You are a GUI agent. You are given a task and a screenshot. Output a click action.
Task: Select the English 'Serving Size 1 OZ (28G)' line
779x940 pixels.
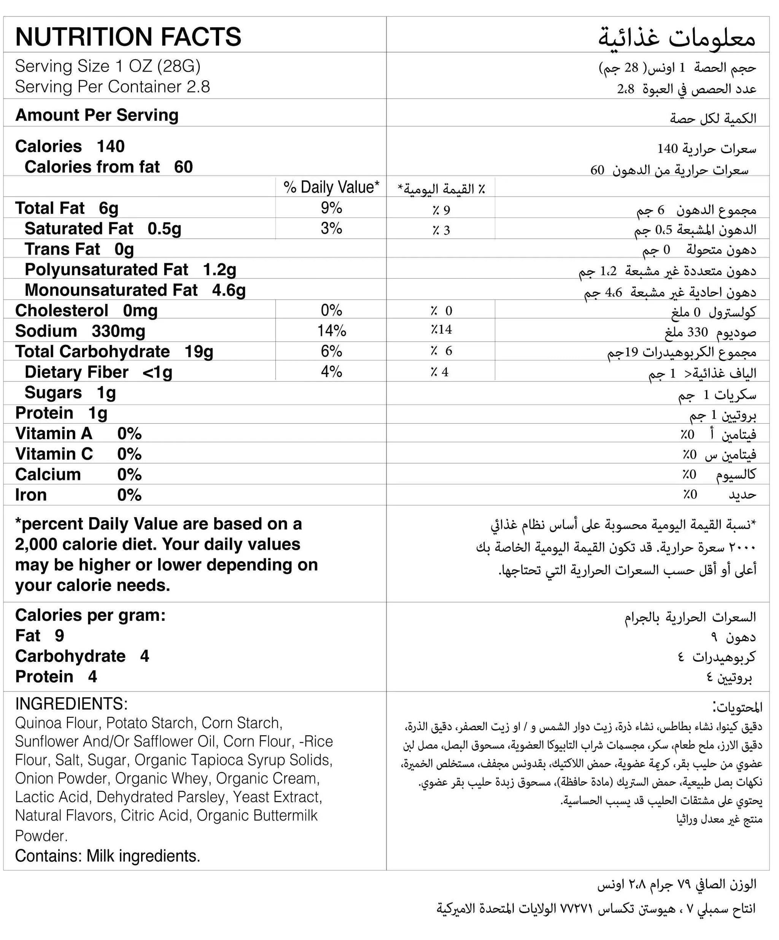[x=107, y=66]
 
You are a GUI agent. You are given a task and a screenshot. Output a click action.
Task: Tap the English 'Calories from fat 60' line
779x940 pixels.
[x=108, y=167]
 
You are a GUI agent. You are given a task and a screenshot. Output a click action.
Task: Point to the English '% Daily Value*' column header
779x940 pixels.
[x=331, y=187]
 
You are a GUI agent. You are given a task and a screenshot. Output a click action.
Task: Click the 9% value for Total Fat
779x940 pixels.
[x=331, y=208]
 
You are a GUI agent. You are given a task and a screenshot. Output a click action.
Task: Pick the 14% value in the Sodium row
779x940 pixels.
[x=331, y=331]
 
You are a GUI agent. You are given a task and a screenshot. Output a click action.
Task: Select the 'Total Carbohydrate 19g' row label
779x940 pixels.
[x=114, y=352]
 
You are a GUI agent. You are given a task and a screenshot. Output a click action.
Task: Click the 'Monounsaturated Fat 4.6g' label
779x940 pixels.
[x=135, y=290]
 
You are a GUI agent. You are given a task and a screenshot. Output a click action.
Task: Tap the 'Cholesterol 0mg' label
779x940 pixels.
[x=86, y=310]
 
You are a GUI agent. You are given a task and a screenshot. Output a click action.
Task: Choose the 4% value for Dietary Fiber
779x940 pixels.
[x=331, y=371]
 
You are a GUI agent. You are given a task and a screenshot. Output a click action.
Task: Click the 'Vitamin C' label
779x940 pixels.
[x=54, y=454]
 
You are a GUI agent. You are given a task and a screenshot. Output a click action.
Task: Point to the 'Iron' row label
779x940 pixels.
[x=31, y=495]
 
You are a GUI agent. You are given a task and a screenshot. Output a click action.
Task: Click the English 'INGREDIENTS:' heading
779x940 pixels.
[x=71, y=704]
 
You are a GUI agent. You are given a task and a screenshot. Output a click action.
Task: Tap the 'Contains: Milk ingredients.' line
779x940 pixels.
[x=107, y=856]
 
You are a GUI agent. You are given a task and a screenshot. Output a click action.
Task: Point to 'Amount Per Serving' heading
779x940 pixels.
[x=97, y=115]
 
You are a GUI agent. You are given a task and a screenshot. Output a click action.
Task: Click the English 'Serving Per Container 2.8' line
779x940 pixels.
[x=112, y=87]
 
